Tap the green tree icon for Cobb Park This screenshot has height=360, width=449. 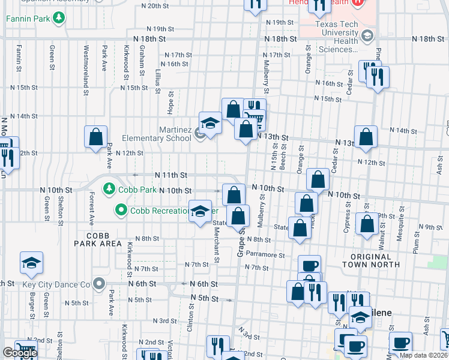(109, 189)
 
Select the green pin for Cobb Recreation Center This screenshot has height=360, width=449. (121, 210)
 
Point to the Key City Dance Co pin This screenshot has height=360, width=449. (99, 284)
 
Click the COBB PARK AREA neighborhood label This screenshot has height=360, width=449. (98, 239)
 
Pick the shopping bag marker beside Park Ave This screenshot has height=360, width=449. (96, 137)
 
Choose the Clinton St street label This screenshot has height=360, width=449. (191, 317)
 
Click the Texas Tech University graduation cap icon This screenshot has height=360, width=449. (366, 37)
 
